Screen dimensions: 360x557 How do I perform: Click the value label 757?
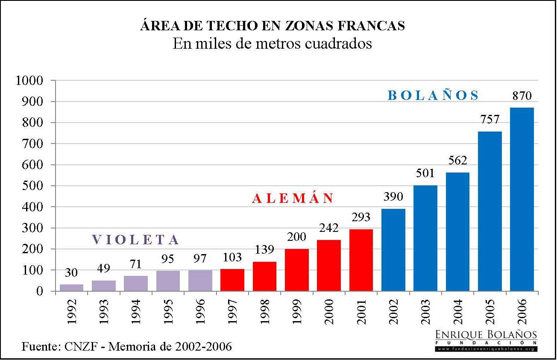coord(490,120)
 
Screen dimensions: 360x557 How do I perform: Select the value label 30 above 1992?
coord(71,272)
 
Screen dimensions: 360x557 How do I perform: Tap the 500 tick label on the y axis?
coord(33,186)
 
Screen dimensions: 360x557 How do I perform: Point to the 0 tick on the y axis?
coord(40,291)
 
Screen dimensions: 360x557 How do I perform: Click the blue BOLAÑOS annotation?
coord(433,95)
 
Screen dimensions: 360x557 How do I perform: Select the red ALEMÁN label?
coord(293,199)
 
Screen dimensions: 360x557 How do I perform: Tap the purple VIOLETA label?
coord(135,240)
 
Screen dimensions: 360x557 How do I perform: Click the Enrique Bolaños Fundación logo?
coord(486,340)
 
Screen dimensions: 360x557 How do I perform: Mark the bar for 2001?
coord(361,260)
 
